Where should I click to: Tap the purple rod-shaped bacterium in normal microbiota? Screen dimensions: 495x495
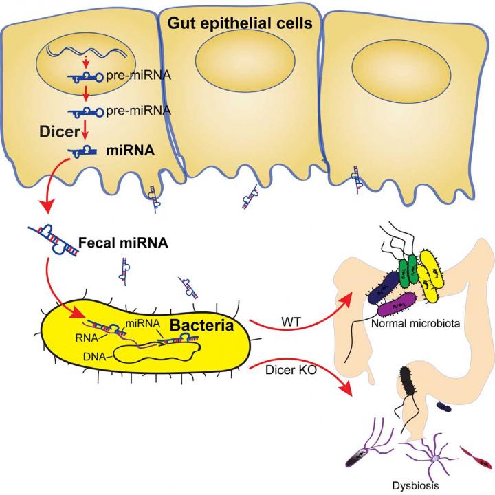398,302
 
